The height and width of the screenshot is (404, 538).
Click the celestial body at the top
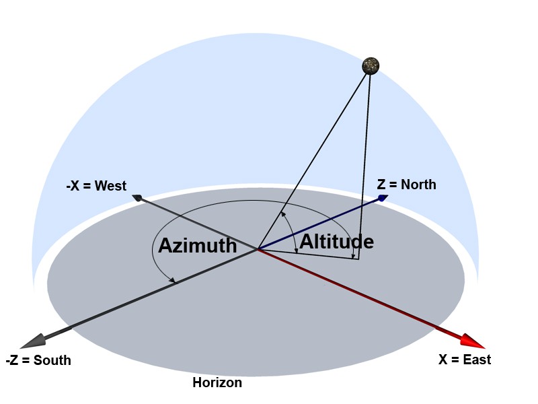coord(371,65)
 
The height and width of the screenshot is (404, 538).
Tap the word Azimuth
coord(198,245)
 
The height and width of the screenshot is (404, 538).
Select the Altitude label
coord(337,241)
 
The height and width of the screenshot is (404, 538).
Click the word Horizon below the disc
coord(217,382)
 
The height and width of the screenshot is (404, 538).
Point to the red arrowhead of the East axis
coord(473,341)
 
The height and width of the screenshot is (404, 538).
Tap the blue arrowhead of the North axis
coord(383,198)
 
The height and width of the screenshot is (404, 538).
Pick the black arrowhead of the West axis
coord(137,197)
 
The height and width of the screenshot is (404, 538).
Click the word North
coord(418,184)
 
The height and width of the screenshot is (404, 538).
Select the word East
coord(477,360)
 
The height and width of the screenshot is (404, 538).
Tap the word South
coord(52,360)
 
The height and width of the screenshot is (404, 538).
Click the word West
coord(110,186)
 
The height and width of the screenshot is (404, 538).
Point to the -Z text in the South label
coord(11,360)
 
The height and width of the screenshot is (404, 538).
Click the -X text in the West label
coord(73,186)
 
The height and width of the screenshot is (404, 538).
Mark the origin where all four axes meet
coord(258,248)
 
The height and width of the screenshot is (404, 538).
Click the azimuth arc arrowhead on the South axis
coord(173,281)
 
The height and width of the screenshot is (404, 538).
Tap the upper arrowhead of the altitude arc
coord(283,214)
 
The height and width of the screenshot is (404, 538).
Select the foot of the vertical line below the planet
coord(358,259)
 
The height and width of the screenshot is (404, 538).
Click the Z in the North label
coord(381,184)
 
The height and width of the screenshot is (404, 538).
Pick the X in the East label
coord(443,360)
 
